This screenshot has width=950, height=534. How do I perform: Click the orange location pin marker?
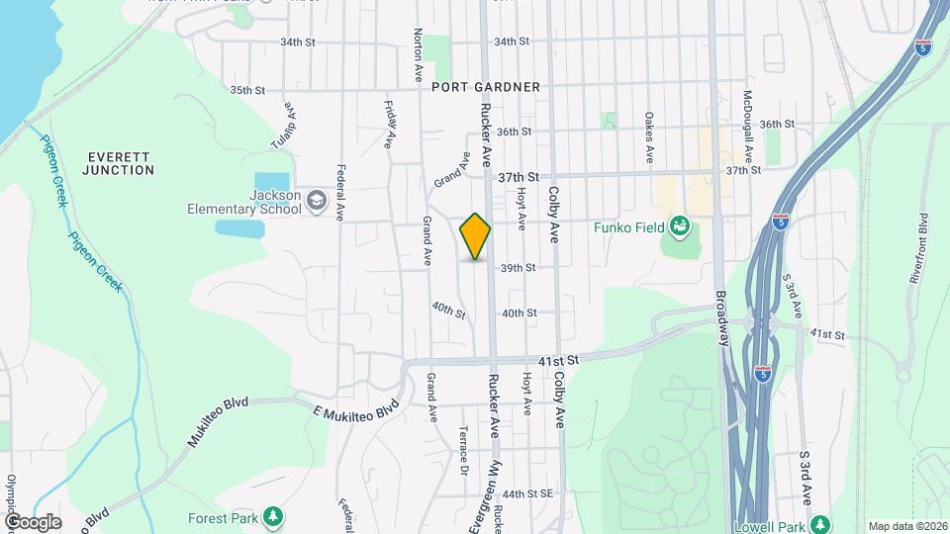coord(475,236)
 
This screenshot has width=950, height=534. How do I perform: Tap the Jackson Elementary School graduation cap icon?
coord(317,202)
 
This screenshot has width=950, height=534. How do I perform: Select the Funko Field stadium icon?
coord(680,228)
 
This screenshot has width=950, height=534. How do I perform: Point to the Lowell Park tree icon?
coord(819,524)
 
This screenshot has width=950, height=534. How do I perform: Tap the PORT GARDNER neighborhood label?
coord(486,87)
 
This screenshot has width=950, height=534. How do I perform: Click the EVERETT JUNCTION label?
coord(120,163)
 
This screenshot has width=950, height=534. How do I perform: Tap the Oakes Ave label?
coord(649,137)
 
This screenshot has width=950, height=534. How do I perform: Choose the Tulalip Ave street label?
coord(284,127)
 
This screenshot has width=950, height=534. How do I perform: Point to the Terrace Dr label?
coord(463,450)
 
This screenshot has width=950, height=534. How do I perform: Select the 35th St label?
coord(247,90)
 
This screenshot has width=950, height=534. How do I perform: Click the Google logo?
coord(33,522)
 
